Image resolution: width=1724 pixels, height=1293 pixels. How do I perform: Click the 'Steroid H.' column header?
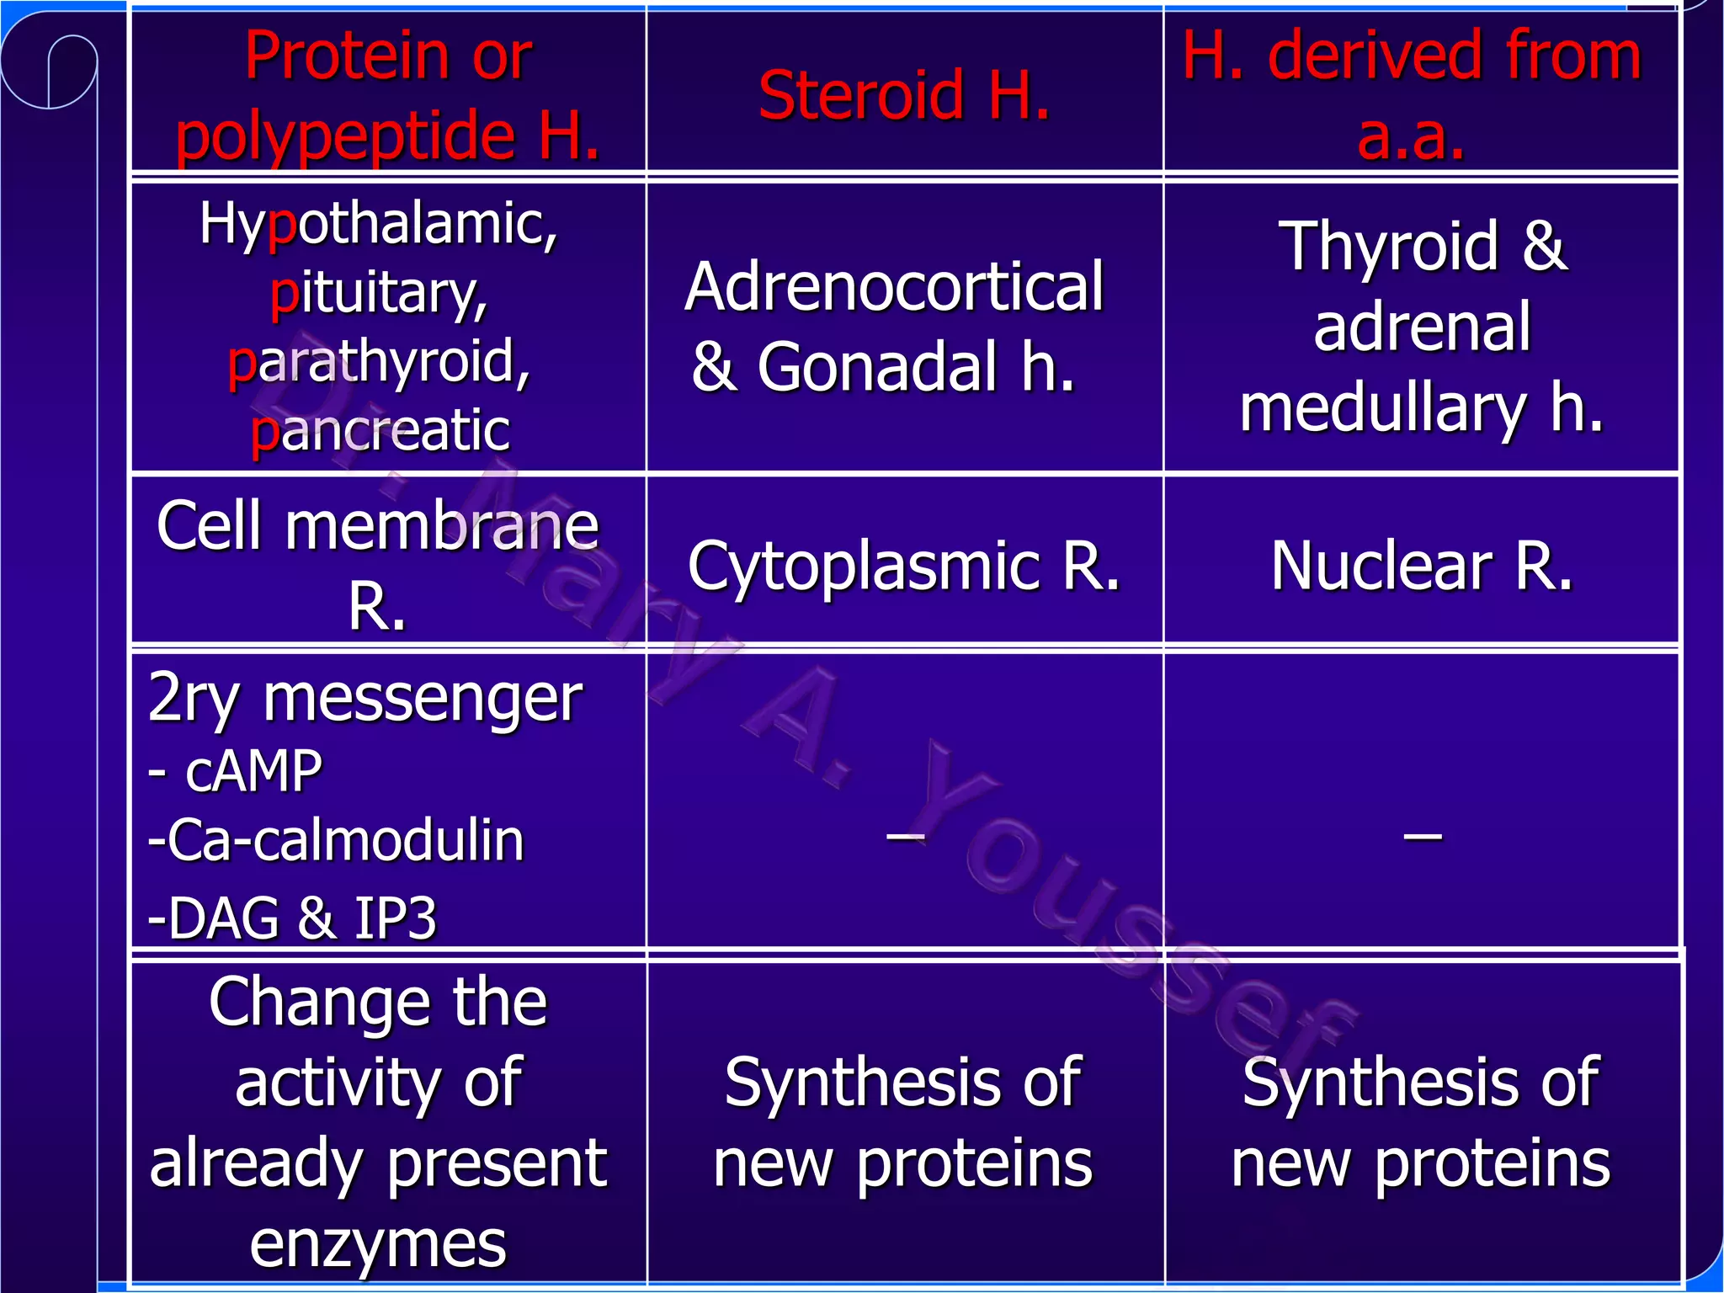tap(904, 94)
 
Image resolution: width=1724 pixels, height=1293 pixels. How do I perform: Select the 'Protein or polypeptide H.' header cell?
tap(388, 94)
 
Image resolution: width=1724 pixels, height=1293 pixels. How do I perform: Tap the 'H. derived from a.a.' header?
tap(1412, 94)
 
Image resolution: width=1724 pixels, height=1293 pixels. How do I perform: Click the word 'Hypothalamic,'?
tap(379, 225)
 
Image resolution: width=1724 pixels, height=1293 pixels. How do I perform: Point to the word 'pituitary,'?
tap(379, 294)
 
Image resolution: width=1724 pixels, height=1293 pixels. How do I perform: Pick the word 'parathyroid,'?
tap(379, 363)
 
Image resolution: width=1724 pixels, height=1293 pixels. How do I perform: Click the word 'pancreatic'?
tap(380, 431)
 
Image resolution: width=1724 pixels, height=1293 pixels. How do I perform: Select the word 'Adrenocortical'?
tap(894, 287)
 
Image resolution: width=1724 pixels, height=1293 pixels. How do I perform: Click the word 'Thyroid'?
tap(1389, 247)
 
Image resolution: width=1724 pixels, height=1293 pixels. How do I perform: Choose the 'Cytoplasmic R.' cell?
tap(904, 566)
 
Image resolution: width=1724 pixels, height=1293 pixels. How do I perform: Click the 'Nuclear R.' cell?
tap(1421, 566)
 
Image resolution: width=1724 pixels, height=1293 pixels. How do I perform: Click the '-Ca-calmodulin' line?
tap(336, 840)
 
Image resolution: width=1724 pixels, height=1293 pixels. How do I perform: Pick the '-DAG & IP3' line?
tap(292, 918)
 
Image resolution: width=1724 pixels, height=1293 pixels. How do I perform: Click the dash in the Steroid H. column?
tap(906, 836)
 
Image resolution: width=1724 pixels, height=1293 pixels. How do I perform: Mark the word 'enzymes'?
tap(378, 1244)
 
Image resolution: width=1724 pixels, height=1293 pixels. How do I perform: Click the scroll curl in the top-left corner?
tap(49, 72)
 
